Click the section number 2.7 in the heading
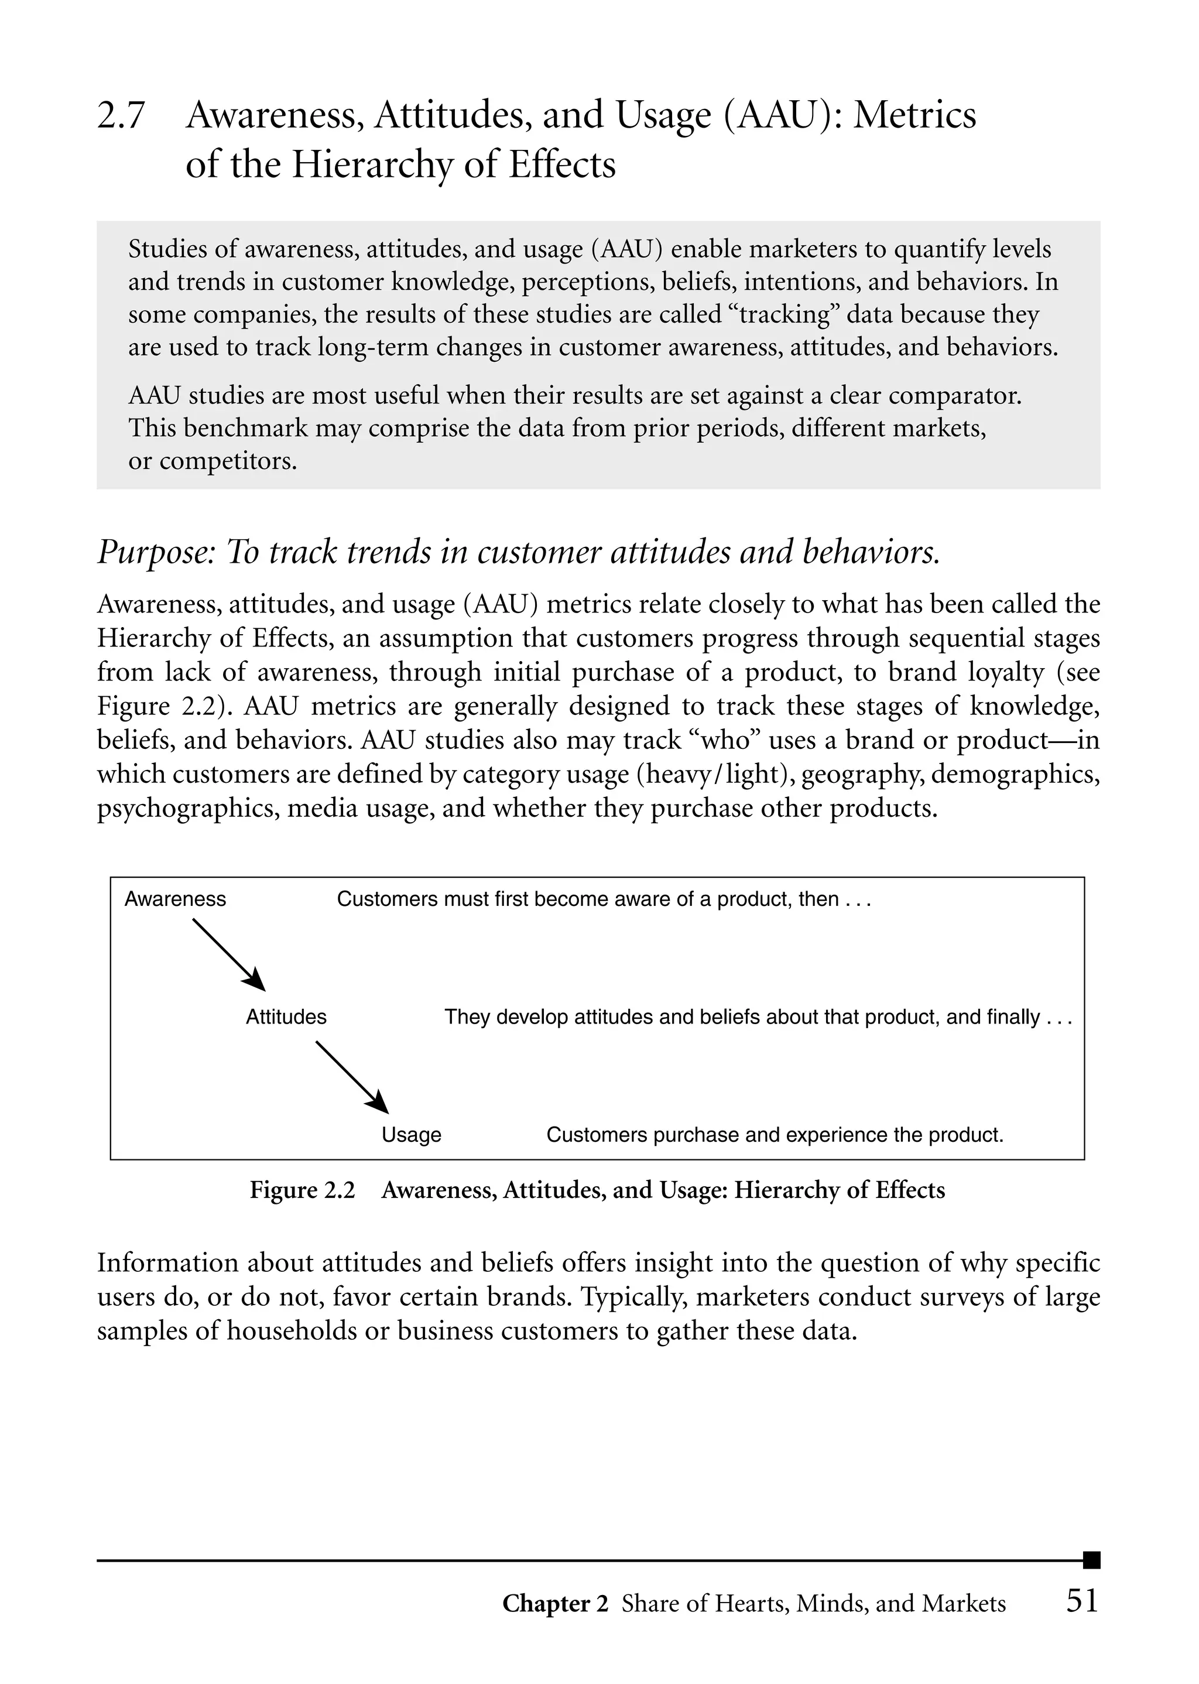click(x=121, y=116)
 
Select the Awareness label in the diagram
click(x=175, y=899)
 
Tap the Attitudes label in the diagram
click(x=286, y=1017)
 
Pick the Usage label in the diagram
click(x=411, y=1135)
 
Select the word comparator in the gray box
click(x=955, y=396)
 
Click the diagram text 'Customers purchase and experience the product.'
click(x=775, y=1135)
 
